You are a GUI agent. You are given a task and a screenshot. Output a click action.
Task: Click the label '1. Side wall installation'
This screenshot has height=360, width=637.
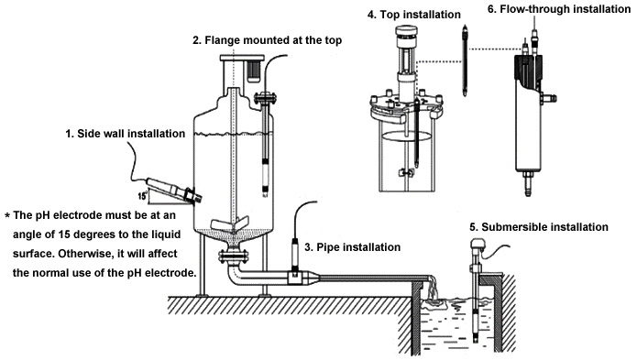(126, 134)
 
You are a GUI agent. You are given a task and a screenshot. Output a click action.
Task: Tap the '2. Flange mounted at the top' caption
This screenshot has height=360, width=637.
(267, 40)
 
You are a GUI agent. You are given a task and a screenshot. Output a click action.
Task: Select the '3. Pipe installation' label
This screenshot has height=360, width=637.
(352, 247)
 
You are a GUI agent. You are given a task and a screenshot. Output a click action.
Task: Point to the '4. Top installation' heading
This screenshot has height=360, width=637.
(414, 15)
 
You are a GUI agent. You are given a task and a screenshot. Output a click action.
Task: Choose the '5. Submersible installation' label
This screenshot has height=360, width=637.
(539, 227)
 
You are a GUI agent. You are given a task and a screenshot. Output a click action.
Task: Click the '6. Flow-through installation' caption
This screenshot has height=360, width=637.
(559, 9)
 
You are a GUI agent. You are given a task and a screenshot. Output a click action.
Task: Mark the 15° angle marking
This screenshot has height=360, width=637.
(142, 196)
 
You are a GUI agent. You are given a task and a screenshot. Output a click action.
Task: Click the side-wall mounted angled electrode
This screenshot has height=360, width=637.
(173, 189)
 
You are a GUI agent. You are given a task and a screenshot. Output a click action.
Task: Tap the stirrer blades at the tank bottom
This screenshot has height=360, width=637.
(229, 224)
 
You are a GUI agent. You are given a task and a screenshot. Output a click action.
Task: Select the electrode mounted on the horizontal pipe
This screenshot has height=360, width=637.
(295, 257)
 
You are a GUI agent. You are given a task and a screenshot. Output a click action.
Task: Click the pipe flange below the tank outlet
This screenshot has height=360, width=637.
(233, 256)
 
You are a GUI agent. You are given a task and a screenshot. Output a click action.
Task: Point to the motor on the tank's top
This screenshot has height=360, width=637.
(254, 71)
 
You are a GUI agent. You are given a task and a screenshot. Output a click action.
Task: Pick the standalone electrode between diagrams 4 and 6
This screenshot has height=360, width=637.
(465, 60)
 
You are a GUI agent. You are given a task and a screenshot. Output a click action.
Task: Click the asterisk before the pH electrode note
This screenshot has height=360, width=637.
(7, 215)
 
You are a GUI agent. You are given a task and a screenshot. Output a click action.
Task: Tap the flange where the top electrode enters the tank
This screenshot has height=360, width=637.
(265, 99)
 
